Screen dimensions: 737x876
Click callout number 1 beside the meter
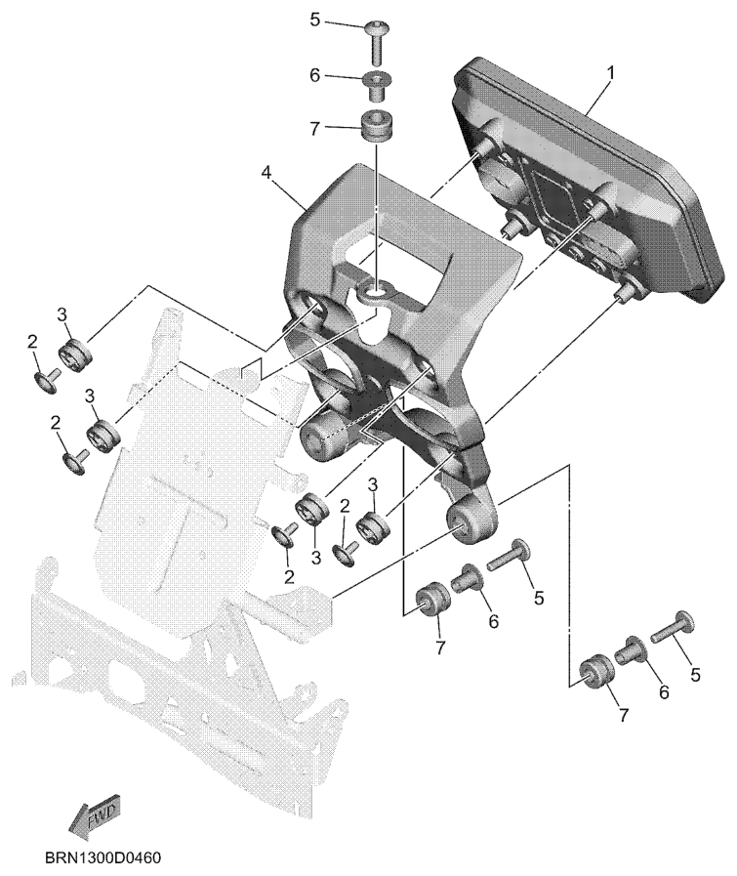click(x=610, y=72)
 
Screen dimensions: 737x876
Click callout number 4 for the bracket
click(x=266, y=172)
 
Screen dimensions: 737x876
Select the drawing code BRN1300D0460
click(x=102, y=857)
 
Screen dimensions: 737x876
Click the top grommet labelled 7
click(x=377, y=127)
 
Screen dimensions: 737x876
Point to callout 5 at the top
click(x=315, y=21)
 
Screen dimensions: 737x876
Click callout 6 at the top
click(x=315, y=76)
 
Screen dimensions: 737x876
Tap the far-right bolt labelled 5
click(x=673, y=626)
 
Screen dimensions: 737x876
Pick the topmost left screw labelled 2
click(x=45, y=379)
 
